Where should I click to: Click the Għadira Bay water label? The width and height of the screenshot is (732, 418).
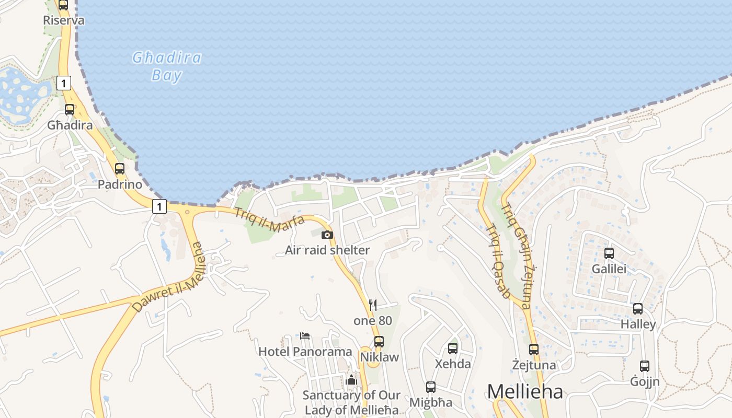(x=167, y=66)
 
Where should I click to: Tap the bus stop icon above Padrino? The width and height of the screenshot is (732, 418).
(x=120, y=169)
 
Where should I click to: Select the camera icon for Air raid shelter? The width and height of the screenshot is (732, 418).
(x=327, y=235)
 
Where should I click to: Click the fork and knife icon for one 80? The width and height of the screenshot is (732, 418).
(x=373, y=305)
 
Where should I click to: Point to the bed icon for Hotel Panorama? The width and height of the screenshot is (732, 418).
(x=305, y=335)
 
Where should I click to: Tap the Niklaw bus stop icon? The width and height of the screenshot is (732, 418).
(x=379, y=342)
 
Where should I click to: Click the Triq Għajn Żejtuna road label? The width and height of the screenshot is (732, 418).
(x=517, y=256)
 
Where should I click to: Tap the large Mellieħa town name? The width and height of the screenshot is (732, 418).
(x=525, y=391)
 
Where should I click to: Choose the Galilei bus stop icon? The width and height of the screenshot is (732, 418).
(x=609, y=253)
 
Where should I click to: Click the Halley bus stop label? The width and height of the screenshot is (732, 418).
(x=638, y=324)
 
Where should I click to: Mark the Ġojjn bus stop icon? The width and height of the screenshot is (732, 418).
(x=645, y=366)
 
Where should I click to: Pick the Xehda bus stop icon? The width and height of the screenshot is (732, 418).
(x=453, y=348)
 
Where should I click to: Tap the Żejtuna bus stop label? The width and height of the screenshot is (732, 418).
(x=534, y=365)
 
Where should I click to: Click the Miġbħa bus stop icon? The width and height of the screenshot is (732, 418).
(x=430, y=387)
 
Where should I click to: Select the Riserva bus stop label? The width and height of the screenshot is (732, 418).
(x=64, y=20)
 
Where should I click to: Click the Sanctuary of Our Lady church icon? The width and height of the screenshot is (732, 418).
(x=351, y=380)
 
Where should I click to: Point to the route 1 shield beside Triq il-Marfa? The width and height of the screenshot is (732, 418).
(x=159, y=206)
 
